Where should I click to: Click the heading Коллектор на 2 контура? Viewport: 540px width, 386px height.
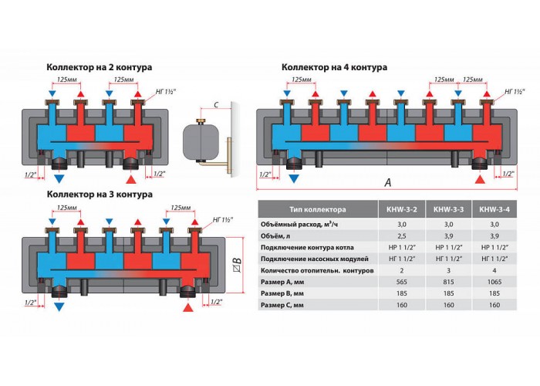click(100, 67)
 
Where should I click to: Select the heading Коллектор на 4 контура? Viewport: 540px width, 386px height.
click(334, 67)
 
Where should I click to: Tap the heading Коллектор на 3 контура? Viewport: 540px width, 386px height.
click(100, 195)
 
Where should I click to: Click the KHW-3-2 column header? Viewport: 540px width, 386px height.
click(402, 209)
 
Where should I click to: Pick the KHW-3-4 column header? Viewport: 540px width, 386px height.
click(494, 209)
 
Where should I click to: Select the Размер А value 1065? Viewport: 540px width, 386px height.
click(494, 282)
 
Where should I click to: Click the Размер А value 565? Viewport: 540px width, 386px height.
click(402, 282)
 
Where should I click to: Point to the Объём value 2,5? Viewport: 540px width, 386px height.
click(402, 236)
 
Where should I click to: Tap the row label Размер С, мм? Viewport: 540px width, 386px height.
click(282, 305)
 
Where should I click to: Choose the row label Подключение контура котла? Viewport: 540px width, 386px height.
click(307, 248)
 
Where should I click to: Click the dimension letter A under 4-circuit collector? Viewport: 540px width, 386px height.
click(388, 183)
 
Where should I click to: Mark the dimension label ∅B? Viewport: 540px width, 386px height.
click(238, 264)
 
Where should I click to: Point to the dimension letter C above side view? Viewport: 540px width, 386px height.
click(216, 104)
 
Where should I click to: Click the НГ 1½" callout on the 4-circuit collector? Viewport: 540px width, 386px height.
click(515, 91)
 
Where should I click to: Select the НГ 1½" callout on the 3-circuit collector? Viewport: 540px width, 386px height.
click(223, 219)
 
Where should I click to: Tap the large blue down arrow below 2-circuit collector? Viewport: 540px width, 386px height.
click(59, 179)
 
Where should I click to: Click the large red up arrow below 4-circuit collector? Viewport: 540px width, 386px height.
click(480, 179)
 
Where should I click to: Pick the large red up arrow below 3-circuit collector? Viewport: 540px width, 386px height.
click(188, 307)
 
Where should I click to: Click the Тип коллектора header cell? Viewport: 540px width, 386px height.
click(318, 209)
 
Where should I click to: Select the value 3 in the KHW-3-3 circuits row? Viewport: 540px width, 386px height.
click(448, 270)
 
